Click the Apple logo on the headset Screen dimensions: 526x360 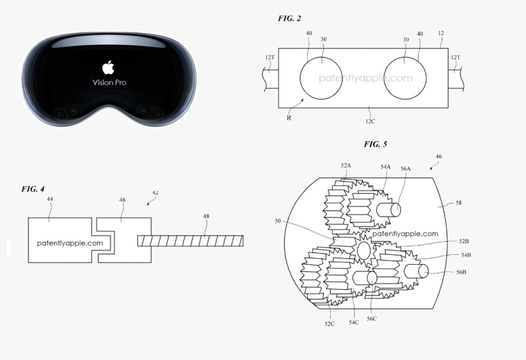coord(108,68)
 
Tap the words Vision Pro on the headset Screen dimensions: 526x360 coord(109,83)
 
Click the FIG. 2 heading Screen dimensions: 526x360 coord(289,18)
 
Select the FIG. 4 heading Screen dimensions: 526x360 coord(33,189)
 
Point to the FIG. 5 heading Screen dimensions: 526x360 coord(375,144)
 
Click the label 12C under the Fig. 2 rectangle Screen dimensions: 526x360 coord(370,122)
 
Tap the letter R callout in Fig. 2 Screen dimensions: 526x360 coord(289,118)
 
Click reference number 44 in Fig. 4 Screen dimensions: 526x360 coord(50,199)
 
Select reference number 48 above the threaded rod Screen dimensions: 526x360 coord(206,216)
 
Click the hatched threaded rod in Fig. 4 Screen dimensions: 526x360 coord(190,241)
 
